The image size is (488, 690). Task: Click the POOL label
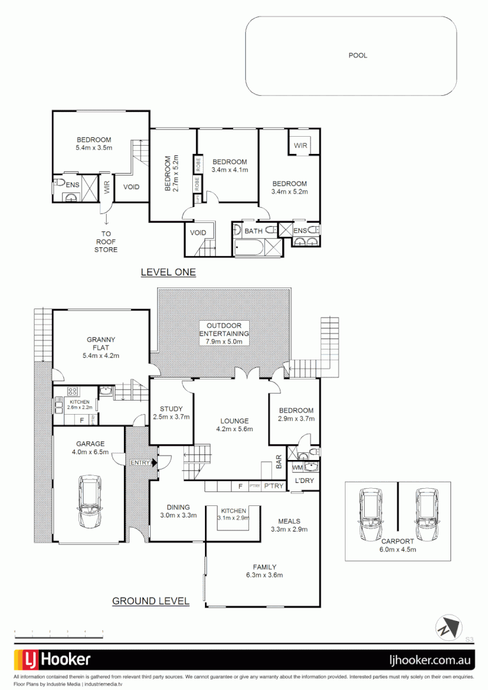point(358,56)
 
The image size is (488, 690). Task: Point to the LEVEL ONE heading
point(168,272)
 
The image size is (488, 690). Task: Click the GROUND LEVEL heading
point(151,601)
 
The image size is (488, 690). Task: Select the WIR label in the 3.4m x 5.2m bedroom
point(300,146)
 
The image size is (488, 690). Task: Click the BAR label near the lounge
point(278,461)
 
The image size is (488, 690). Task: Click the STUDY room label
point(171,410)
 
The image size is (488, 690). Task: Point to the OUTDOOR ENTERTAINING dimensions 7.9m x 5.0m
point(224,342)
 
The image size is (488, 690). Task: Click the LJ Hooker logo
point(53,659)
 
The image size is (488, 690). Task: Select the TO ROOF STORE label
point(106,241)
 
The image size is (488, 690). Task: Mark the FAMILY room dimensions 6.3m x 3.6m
point(264,575)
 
